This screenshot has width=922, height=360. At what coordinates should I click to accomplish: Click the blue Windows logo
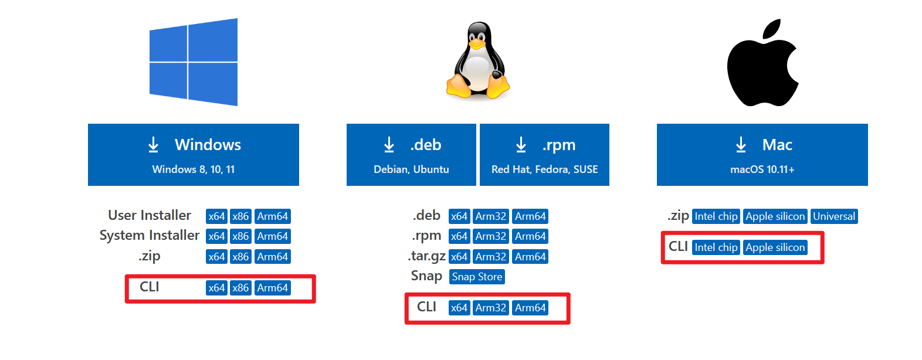(x=194, y=62)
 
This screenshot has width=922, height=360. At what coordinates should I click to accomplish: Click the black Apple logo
(x=762, y=64)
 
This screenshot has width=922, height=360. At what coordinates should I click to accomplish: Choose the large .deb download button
(x=411, y=155)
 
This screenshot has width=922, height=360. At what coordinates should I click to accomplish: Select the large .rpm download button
(x=544, y=155)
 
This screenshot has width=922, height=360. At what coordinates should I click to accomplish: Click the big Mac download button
(x=762, y=155)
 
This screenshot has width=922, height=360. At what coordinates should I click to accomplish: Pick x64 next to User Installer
(x=216, y=216)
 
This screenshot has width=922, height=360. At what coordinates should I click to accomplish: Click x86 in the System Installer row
(x=240, y=236)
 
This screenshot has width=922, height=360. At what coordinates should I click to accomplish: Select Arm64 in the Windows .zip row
(x=273, y=257)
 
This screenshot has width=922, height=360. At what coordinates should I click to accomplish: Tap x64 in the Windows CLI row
(x=216, y=288)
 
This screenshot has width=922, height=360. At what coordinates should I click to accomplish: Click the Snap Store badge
(x=477, y=277)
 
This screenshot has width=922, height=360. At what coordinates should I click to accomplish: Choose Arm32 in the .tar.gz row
(x=491, y=257)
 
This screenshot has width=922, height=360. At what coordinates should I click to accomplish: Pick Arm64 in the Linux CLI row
(x=530, y=308)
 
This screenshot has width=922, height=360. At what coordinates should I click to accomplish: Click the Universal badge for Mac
(x=834, y=216)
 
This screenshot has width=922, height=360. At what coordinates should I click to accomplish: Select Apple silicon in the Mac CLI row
(x=775, y=247)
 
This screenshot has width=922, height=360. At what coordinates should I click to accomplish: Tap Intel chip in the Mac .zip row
(x=716, y=216)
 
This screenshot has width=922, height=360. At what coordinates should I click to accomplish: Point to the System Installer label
(x=150, y=236)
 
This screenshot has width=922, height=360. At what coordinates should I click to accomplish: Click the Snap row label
(x=426, y=276)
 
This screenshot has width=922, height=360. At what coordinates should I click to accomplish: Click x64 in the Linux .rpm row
(x=459, y=236)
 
